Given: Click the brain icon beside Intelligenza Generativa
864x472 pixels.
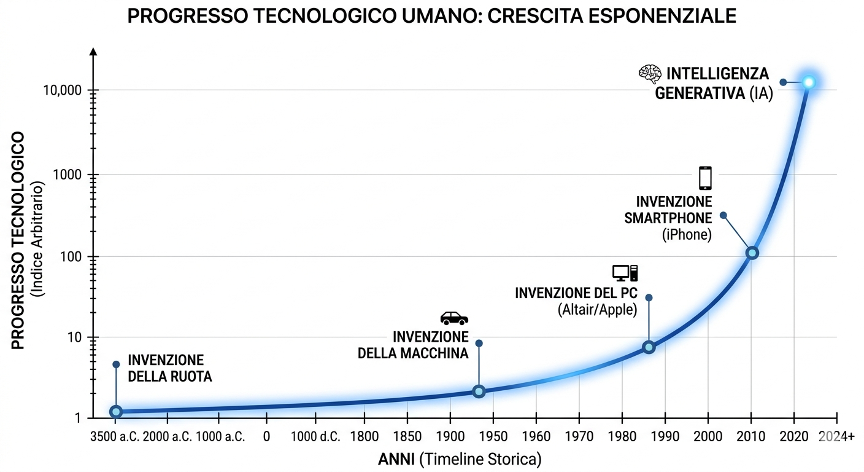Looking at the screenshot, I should pyautogui.click(x=650, y=74).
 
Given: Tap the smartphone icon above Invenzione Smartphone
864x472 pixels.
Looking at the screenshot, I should pyautogui.click(x=705, y=178).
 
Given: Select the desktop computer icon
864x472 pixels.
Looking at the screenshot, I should pyautogui.click(x=625, y=273).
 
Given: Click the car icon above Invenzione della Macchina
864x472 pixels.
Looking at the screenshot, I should pyautogui.click(x=454, y=318).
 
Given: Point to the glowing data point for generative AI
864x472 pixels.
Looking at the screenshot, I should pyautogui.click(x=808, y=82).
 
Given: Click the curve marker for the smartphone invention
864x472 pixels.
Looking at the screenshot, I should pyautogui.click(x=752, y=253).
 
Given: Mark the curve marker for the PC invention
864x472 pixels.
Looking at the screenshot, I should pyautogui.click(x=649, y=347).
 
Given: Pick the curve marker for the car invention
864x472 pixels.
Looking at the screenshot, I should pyautogui.click(x=479, y=391).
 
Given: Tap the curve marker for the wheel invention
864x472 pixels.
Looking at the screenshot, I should pyautogui.click(x=116, y=412).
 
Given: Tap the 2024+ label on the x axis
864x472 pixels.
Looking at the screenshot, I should pyautogui.click(x=836, y=437).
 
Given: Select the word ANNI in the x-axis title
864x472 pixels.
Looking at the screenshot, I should pyautogui.click(x=396, y=459).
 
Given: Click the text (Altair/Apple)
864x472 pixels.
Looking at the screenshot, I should pyautogui.click(x=597, y=310).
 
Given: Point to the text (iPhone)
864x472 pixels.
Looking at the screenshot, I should pyautogui.click(x=687, y=234).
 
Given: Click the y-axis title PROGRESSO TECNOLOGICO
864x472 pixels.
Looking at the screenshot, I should pyautogui.click(x=19, y=240).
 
